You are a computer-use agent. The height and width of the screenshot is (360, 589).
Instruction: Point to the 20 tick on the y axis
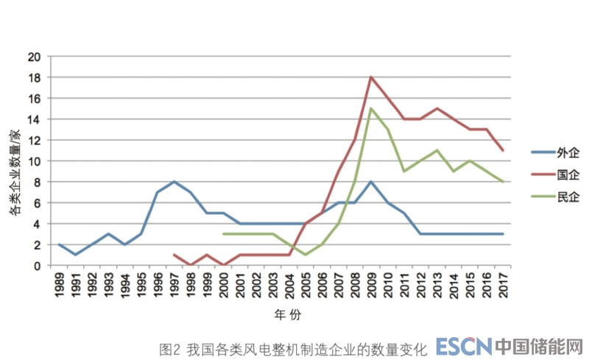click(34, 57)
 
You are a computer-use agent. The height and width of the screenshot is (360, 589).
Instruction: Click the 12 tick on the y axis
click(34, 140)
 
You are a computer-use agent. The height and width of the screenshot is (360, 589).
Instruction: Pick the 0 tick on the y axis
click(37, 266)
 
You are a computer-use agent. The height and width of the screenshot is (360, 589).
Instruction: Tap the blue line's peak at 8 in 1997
click(174, 182)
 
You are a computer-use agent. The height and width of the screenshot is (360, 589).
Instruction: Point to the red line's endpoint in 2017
click(503, 151)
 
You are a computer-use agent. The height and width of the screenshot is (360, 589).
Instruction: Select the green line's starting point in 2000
click(223, 234)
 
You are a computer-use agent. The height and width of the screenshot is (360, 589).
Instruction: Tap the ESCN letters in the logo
click(462, 345)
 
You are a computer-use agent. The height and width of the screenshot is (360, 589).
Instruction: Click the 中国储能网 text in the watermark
click(539, 345)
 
